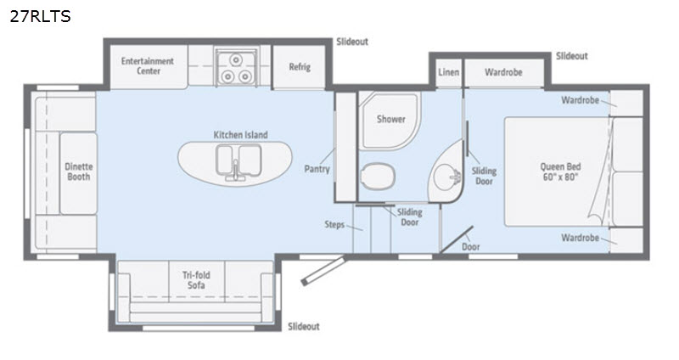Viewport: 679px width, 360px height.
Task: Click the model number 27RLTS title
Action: point(40,16)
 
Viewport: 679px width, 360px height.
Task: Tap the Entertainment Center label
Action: point(148,66)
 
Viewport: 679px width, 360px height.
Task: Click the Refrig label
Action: point(300,67)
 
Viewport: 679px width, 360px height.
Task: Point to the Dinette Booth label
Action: point(78,172)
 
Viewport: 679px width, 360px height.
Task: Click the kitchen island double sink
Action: point(238,161)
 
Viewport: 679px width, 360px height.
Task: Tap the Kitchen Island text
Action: point(240,135)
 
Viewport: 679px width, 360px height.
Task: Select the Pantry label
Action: point(317,169)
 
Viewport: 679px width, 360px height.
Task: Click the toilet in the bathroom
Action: point(378,176)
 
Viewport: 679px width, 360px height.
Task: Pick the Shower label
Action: point(391,119)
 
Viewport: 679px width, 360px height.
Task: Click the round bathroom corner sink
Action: point(447,175)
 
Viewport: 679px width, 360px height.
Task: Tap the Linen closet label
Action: point(449,72)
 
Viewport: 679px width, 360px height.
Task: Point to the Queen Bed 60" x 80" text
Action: point(560,172)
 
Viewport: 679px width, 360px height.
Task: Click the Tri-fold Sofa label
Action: point(196,280)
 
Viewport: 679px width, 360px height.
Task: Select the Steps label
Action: point(334,224)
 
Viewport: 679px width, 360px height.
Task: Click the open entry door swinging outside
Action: point(323,271)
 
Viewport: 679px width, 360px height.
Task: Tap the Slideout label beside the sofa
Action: point(304,326)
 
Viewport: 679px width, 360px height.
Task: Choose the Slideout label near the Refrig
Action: point(352,42)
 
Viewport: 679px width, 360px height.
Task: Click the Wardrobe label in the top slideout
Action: point(503,72)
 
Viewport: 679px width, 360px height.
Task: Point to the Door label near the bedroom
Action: point(471,247)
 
